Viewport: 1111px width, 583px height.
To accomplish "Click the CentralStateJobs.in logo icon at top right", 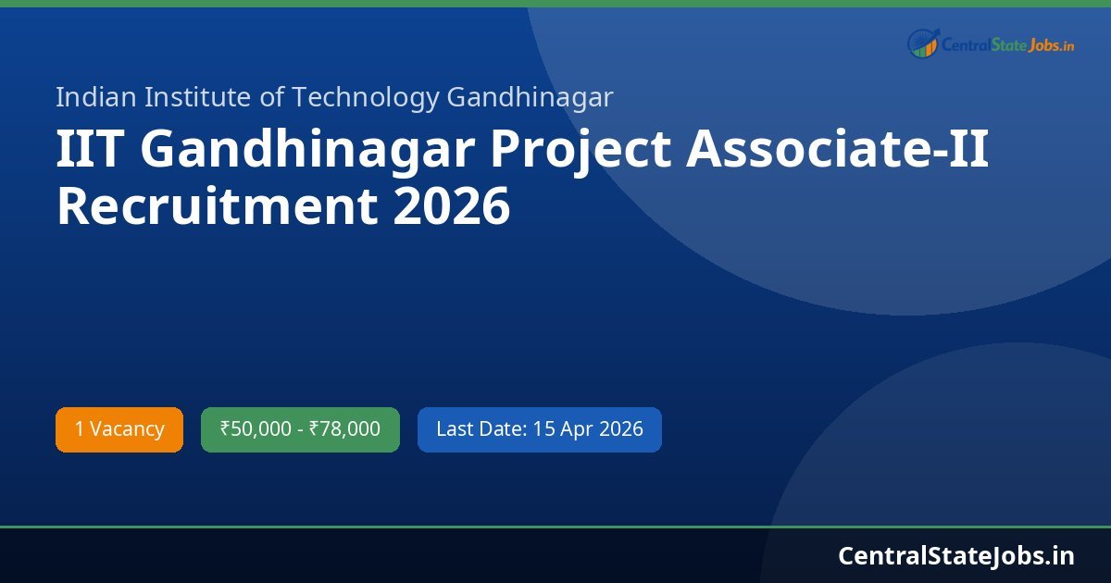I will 923,43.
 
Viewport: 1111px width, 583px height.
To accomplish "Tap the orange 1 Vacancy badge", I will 119,429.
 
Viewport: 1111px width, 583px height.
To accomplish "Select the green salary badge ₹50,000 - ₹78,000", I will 300,429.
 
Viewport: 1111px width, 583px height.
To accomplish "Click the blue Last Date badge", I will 539,429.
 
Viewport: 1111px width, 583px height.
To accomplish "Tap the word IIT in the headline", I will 91,150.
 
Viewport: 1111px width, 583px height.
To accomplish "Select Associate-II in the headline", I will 837,150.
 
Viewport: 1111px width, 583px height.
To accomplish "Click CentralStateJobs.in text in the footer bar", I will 956,555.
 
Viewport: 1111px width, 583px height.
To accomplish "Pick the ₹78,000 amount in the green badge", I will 344,429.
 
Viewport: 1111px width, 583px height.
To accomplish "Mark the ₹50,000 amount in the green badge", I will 255,429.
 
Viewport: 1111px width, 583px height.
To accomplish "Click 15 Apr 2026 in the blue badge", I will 588,429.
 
